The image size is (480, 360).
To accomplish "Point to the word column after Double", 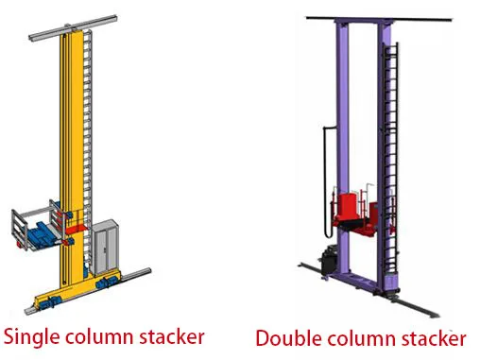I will pos(357,338).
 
